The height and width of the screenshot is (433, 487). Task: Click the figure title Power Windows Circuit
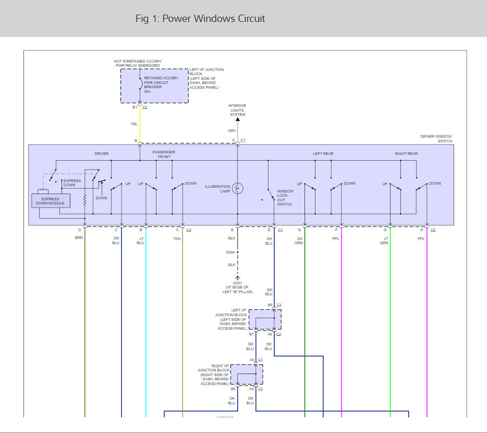pyautogui.click(x=200, y=19)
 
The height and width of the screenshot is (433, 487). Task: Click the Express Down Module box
pyautogui.click(x=51, y=201)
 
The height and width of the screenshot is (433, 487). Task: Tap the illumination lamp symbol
pyautogui.click(x=238, y=188)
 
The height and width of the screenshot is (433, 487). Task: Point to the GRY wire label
pyautogui.click(x=232, y=131)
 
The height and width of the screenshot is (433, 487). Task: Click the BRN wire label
pyautogui.click(x=79, y=238)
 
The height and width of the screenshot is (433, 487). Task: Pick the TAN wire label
pyautogui.click(x=177, y=238)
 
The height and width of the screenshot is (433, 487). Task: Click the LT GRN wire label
pyautogui.click(x=384, y=240)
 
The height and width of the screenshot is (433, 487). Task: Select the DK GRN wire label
pyautogui.click(x=300, y=240)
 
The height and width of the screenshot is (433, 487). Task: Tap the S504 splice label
pyautogui.click(x=231, y=252)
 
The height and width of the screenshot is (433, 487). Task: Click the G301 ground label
pyautogui.click(x=231, y=283)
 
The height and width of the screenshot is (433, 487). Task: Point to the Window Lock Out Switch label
pyautogui.click(x=285, y=198)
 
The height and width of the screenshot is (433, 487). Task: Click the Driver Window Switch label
pyautogui.click(x=436, y=139)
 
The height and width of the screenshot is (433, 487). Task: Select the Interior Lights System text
pyautogui.click(x=237, y=110)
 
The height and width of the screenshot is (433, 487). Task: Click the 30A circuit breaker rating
pyautogui.click(x=147, y=91)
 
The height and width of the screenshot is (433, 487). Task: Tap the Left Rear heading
pyautogui.click(x=323, y=154)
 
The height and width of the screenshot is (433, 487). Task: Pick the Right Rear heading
pyautogui.click(x=406, y=154)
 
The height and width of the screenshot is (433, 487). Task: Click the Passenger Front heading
pyautogui.click(x=163, y=154)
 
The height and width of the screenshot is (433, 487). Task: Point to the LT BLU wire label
pyautogui.click(x=140, y=240)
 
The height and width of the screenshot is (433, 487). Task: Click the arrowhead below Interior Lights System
pyautogui.click(x=238, y=119)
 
